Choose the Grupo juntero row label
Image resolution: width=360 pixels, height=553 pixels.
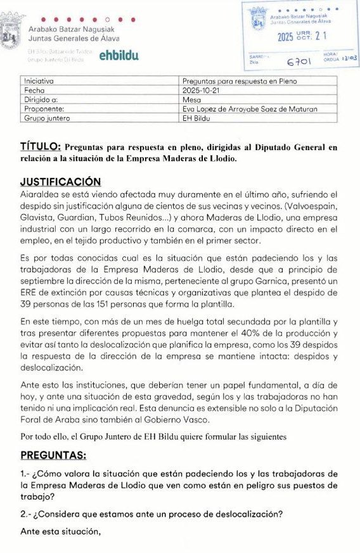click(x=48, y=118)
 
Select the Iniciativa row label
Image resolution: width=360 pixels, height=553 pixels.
click(x=39, y=81)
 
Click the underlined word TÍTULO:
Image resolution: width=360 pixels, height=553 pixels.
click(x=41, y=147)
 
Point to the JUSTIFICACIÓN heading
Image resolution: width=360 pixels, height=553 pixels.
click(x=61, y=181)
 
